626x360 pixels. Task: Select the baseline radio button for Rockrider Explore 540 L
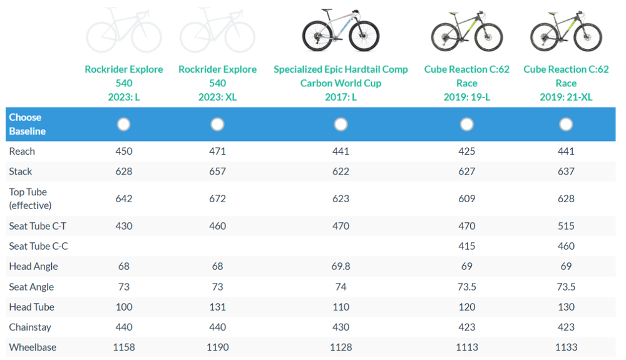click(124, 124)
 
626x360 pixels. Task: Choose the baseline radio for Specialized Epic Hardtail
click(341, 124)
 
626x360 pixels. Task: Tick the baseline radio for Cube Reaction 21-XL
click(566, 124)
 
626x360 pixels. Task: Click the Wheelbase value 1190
click(217, 347)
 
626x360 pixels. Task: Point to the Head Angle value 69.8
click(341, 266)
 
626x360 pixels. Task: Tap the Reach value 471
click(217, 151)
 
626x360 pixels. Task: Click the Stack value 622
click(341, 171)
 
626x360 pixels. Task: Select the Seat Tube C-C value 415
click(466, 246)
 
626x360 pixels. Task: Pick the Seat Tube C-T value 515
click(566, 226)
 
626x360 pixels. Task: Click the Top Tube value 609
click(466, 198)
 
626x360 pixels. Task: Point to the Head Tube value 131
click(217, 307)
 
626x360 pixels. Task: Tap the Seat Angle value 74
click(341, 287)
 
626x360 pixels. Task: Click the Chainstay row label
click(30, 327)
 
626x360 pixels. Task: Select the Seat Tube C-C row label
click(38, 246)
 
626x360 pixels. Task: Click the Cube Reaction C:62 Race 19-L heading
click(466, 83)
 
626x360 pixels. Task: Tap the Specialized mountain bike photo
click(341, 30)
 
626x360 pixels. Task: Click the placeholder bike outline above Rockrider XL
click(217, 30)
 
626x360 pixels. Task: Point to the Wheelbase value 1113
click(466, 347)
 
